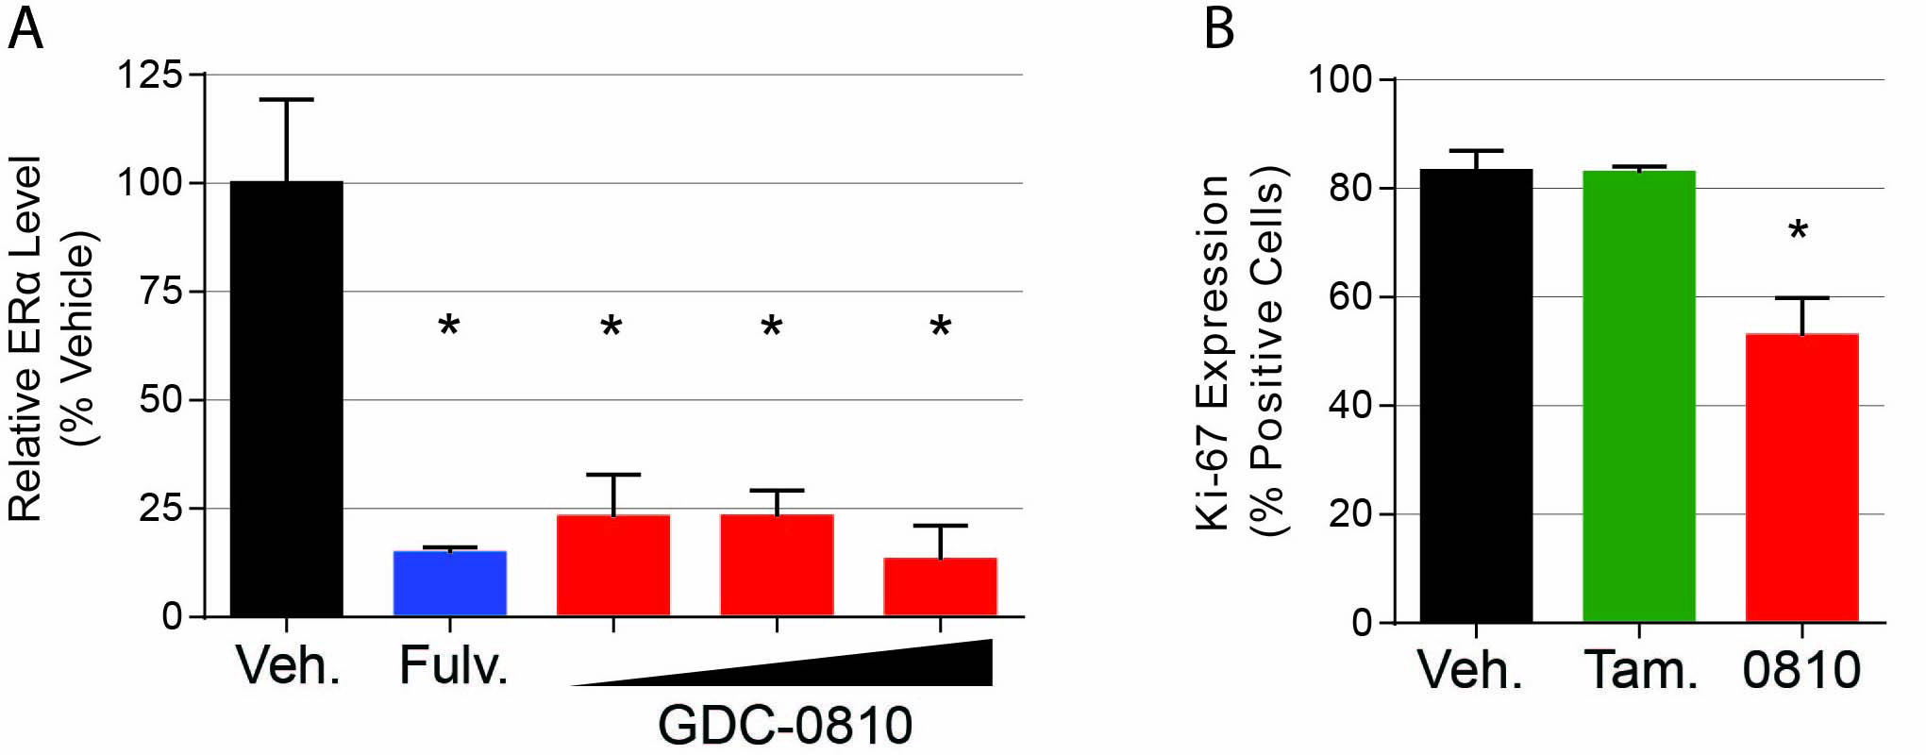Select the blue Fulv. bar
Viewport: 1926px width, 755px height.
click(x=449, y=583)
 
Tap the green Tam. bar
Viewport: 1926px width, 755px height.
click(x=1639, y=396)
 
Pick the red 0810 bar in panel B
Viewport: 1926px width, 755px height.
click(x=1801, y=478)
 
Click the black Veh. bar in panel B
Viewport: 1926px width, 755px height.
click(x=1476, y=396)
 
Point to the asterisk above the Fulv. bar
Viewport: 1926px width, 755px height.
click(x=449, y=327)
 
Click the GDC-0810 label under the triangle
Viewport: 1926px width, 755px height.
click(x=785, y=725)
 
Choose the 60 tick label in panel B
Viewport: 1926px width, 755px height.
click(x=1350, y=297)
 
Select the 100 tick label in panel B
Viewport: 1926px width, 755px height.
click(x=1339, y=79)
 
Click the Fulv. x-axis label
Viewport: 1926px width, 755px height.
click(x=453, y=665)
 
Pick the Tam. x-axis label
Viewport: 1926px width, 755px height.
click(x=1640, y=670)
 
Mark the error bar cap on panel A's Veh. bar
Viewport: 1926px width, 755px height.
click(x=286, y=99)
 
